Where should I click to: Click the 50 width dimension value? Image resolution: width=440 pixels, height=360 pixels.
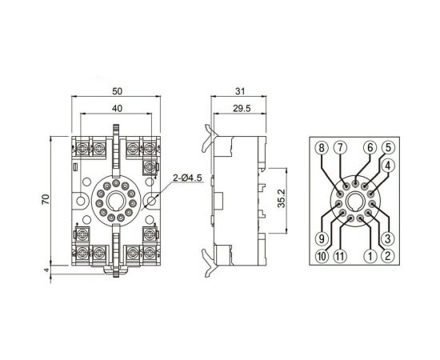point(118,91)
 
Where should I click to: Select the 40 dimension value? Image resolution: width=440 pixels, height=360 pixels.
point(117,108)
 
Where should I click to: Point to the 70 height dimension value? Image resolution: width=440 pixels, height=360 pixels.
point(46,199)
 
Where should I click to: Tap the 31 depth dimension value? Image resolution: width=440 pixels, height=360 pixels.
point(240,91)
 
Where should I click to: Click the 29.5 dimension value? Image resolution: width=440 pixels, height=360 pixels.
point(242,108)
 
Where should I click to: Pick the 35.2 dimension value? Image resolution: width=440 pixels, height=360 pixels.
point(281,198)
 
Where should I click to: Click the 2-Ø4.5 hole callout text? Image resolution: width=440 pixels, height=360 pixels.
point(187,178)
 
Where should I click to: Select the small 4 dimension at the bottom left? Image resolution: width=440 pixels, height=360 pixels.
point(46,270)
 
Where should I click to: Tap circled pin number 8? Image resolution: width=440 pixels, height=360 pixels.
point(322,147)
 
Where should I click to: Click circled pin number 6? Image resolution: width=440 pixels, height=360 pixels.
point(370,147)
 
